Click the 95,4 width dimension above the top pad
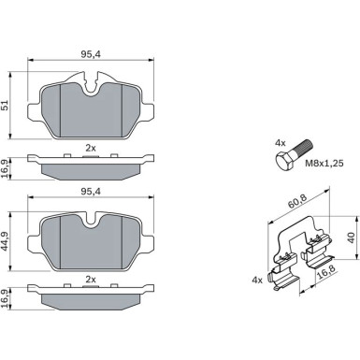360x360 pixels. pos(91,54)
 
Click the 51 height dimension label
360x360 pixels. pos(5,107)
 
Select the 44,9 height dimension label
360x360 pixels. pos(5,241)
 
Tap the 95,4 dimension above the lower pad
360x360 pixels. pos(91,192)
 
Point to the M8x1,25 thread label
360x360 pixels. pos(324,163)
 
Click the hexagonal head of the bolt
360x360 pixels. pos(283,161)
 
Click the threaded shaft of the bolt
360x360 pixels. pos(302,148)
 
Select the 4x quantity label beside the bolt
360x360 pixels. pos(280,143)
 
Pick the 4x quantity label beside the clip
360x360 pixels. pos(257,281)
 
